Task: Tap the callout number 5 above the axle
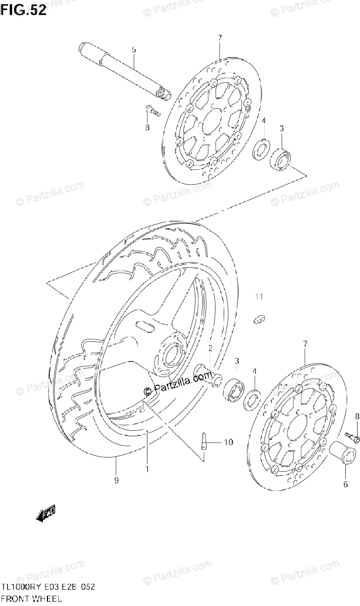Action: (x=134, y=49)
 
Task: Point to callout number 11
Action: (x=259, y=296)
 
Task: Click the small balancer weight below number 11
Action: (x=259, y=318)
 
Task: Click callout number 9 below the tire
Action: (x=116, y=480)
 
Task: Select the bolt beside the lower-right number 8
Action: (x=351, y=434)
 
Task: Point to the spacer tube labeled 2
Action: (x=208, y=375)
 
